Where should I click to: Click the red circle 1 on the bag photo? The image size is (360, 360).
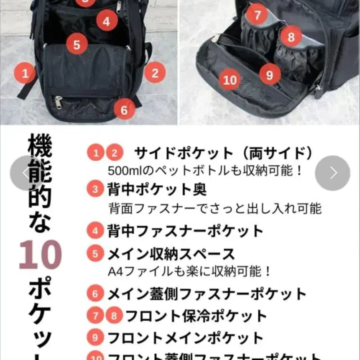point(26,74)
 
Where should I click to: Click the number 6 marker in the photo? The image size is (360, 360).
point(124,110)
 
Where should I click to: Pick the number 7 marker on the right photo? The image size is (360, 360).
point(257,15)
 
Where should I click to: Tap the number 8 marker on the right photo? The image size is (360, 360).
point(291,36)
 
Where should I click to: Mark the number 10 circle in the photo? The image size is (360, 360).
point(230,79)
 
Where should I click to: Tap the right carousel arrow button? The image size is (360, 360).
point(332,173)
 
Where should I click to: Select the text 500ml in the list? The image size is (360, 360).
point(121,171)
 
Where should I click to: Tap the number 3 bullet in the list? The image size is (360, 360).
point(95,189)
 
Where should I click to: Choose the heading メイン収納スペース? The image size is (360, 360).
point(171,254)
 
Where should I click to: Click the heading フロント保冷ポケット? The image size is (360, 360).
point(196,316)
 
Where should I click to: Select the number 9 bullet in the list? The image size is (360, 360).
point(95,337)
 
